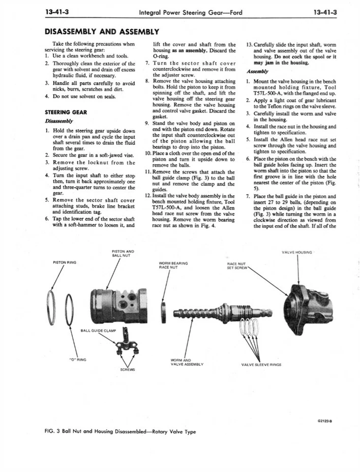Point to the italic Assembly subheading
[256, 70]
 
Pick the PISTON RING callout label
[64, 262]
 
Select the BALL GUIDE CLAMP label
[98, 330]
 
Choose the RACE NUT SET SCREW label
[236, 265]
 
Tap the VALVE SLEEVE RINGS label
[261, 365]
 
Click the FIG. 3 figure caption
[120, 432]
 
